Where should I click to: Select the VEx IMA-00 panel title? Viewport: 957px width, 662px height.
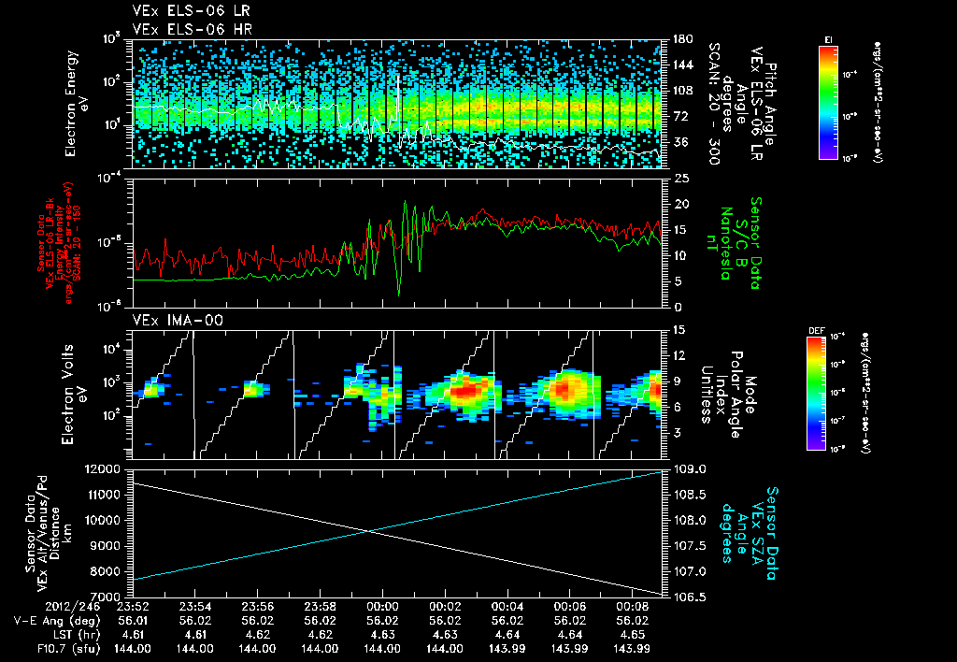(169, 321)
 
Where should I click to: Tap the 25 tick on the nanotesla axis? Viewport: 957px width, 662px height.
(681, 178)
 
